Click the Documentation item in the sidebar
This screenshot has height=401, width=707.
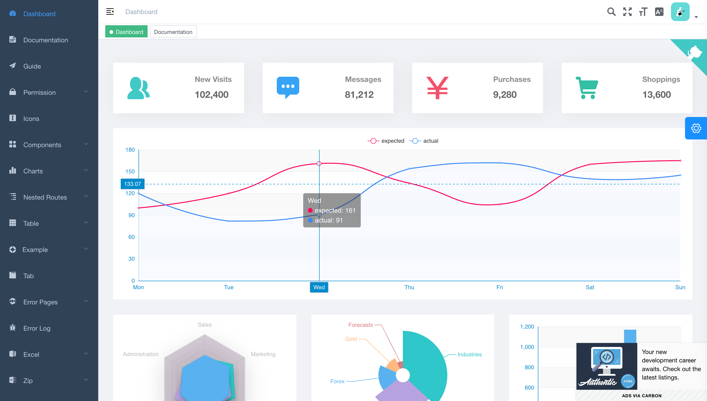tap(45, 40)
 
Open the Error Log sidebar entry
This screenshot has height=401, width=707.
tap(37, 328)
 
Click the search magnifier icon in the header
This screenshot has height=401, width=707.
tap(611, 12)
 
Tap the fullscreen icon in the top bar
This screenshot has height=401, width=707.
tap(627, 12)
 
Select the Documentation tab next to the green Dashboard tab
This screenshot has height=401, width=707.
tap(173, 32)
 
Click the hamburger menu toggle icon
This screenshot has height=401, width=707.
tap(110, 11)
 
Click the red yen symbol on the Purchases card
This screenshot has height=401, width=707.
tap(437, 88)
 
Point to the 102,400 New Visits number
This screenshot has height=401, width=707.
tap(211, 95)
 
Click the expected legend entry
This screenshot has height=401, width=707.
tap(386, 141)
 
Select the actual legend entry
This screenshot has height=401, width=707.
tap(424, 141)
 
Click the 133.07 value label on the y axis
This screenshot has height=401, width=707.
tap(132, 184)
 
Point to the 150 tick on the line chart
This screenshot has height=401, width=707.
tap(130, 171)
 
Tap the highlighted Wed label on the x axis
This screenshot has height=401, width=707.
tap(319, 287)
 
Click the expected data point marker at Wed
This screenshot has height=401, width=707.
tap(319, 164)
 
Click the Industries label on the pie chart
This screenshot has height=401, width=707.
tap(470, 354)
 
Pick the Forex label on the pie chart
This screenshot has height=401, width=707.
tap(337, 381)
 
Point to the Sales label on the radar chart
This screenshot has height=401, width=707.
tap(205, 325)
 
